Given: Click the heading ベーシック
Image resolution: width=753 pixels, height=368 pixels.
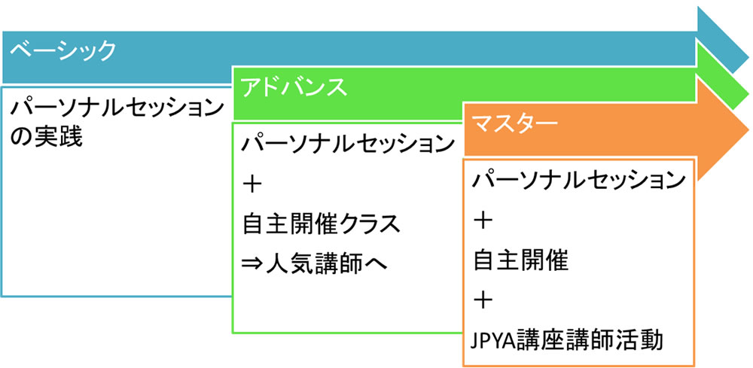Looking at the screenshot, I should (x=63, y=52).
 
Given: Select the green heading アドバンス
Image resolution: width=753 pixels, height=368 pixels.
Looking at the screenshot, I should (x=294, y=87).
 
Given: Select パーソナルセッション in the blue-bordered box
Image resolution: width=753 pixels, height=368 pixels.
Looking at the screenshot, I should (x=117, y=108).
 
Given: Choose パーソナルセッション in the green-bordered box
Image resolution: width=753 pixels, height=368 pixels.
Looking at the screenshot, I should (x=348, y=143).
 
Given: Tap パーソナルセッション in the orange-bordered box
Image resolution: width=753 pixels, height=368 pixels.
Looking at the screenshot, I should (x=578, y=181).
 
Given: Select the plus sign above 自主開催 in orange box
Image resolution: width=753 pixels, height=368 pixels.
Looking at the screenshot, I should (x=483, y=220).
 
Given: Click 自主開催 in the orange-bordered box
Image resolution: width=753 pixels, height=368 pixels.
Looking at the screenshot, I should (x=520, y=260).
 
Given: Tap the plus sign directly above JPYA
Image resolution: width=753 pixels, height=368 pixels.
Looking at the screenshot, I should (x=483, y=300).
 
